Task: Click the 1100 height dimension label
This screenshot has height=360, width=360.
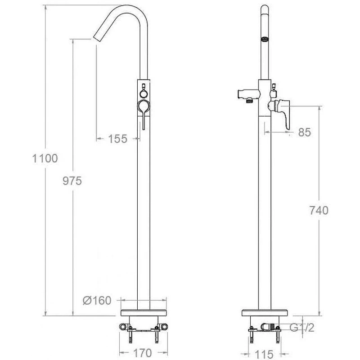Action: (x=45, y=158)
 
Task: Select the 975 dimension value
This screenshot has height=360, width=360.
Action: (x=72, y=181)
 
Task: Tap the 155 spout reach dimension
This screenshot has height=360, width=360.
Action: (x=117, y=139)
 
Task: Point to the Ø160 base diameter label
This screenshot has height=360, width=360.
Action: (x=97, y=300)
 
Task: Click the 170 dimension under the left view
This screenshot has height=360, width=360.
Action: (x=143, y=353)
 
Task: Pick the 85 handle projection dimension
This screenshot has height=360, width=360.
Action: (x=305, y=132)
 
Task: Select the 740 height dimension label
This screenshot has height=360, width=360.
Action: (x=319, y=210)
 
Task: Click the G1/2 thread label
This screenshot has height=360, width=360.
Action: (x=301, y=328)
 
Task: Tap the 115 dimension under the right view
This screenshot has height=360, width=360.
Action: (x=264, y=355)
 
